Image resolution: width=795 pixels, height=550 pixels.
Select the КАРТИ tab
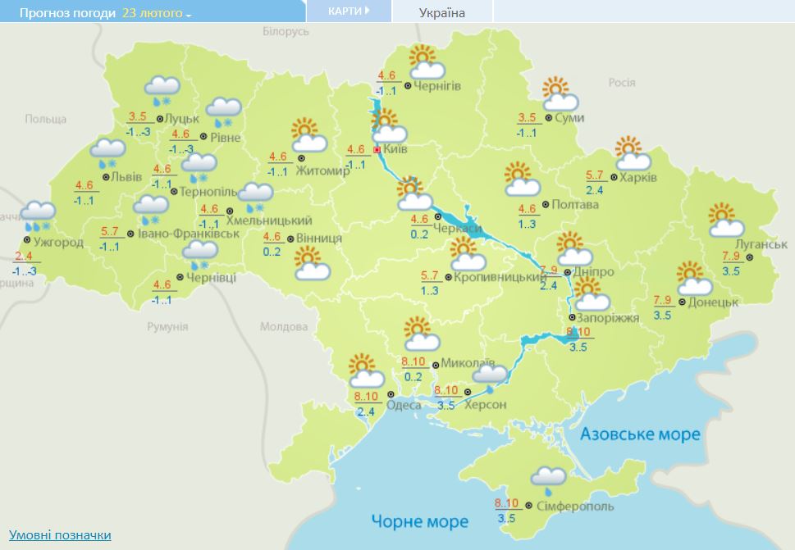pyautogui.click(x=348, y=11)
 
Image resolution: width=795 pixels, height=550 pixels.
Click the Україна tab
pyautogui.click(x=441, y=12)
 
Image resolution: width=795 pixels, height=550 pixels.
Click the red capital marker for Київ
pyautogui.click(x=377, y=151)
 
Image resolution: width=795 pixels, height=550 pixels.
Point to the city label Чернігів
pyautogui.click(x=437, y=85)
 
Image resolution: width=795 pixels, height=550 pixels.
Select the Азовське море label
pyautogui.click(x=640, y=434)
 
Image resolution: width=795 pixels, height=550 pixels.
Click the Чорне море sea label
pyautogui.click(x=419, y=520)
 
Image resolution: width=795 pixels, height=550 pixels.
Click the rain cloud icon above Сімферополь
pyautogui.click(x=548, y=480)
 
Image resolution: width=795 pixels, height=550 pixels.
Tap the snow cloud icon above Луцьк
pyautogui.click(x=162, y=89)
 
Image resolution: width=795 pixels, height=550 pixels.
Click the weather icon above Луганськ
pyautogui.click(x=725, y=220)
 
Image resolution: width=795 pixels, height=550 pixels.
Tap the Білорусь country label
pyautogui.click(x=286, y=30)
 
